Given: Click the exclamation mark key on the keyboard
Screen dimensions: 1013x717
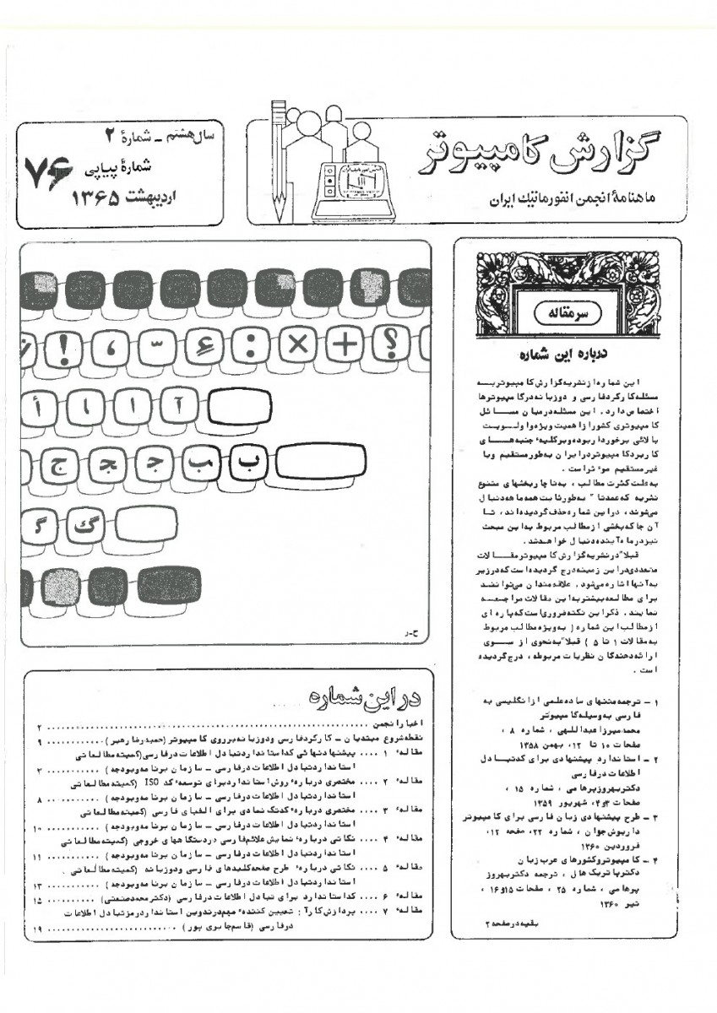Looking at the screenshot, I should pyautogui.click(x=71, y=344).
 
